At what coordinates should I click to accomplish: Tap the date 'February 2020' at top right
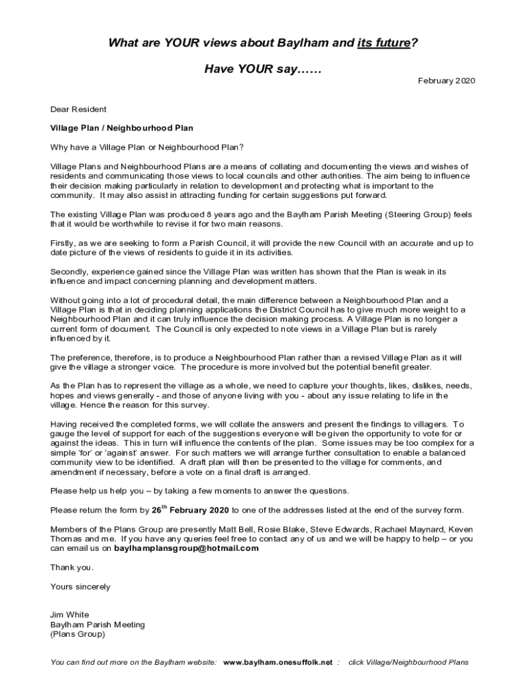coord(446,81)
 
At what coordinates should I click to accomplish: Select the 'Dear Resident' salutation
coord(78,109)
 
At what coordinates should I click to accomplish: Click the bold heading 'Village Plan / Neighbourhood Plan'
coord(122,128)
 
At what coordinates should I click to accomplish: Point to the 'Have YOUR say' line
coord(263,70)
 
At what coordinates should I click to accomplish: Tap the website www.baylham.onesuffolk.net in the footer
coord(278,662)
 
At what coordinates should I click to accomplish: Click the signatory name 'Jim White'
coord(70,614)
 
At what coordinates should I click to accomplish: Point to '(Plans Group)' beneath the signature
coord(78,634)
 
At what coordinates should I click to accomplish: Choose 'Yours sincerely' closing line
coord(80,586)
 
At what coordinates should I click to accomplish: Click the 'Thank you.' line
coord(72,567)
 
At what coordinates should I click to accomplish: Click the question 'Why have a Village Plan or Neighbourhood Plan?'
coord(147,147)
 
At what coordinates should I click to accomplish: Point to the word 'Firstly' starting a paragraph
coord(64,243)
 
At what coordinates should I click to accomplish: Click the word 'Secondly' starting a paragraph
coord(69,272)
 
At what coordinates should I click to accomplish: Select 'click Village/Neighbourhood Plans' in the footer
coord(409,662)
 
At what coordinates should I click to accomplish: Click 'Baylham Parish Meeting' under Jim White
coord(98,625)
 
